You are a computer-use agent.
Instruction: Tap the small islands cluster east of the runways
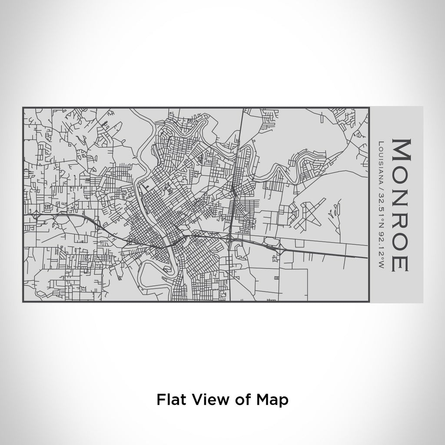332,213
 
